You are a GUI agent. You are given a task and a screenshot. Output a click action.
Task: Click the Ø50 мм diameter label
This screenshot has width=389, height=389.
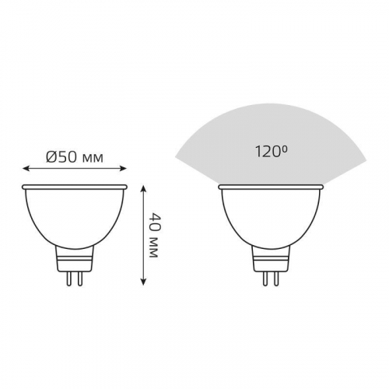click(75, 156)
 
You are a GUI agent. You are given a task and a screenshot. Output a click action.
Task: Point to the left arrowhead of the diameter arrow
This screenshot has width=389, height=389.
click(26, 169)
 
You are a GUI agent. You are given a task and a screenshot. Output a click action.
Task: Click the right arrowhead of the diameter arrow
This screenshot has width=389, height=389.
click(123, 169)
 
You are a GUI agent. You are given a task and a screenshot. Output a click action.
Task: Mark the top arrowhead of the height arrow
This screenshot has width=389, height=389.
click(143, 189)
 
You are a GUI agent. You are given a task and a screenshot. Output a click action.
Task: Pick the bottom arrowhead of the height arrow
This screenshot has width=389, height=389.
click(143, 281)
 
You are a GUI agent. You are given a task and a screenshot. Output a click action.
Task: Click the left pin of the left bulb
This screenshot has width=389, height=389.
click(68, 279)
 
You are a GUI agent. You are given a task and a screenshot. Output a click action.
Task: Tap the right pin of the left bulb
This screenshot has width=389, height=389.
click(80, 279)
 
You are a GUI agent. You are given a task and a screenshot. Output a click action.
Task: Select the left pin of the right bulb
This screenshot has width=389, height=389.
click(265, 279)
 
